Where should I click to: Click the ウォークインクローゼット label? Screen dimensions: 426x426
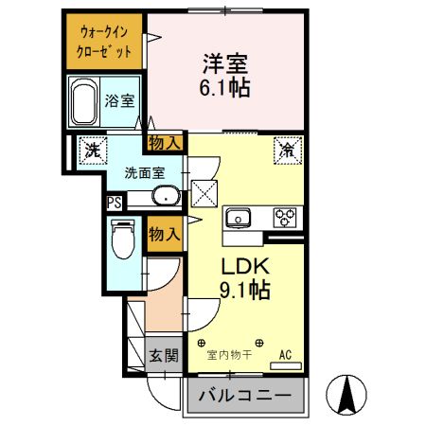[x=104, y=41]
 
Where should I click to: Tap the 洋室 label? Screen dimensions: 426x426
[x=224, y=64]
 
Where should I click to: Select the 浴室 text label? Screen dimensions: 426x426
[x=119, y=100]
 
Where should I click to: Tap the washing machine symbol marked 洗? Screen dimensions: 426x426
[x=92, y=150]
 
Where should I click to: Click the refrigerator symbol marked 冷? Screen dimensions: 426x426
[x=286, y=149]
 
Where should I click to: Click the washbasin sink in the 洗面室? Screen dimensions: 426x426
[x=167, y=197]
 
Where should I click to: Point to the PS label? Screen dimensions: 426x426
[x=114, y=201]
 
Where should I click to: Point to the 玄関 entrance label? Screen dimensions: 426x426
[x=163, y=356]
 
